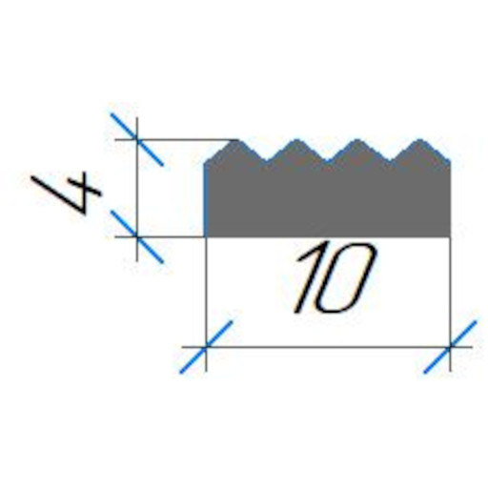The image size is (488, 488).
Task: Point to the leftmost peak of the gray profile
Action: coord(236,140)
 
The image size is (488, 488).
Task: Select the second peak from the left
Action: coord(296,140)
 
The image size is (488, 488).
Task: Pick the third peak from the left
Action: coord(358,140)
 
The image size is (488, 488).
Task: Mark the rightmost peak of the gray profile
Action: coord(420,140)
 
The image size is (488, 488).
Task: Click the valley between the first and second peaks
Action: coord(266,162)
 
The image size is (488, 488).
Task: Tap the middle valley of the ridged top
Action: coord(328,162)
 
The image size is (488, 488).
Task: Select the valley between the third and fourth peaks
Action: coord(390,162)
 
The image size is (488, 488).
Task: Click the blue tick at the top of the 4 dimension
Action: coord(137,139)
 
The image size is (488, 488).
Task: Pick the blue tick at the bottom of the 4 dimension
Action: coord(137,236)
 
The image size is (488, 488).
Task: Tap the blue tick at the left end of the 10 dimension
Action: coord(206,347)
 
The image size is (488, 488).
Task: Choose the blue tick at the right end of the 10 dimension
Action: coord(450,347)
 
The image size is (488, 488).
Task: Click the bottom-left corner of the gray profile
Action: coord(205,236)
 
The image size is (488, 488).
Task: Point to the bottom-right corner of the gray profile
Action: coord(450,236)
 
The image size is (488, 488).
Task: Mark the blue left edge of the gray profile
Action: coord(205,199)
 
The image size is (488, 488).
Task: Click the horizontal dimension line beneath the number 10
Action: coord(327,347)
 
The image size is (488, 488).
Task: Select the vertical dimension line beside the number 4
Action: coord(137,189)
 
